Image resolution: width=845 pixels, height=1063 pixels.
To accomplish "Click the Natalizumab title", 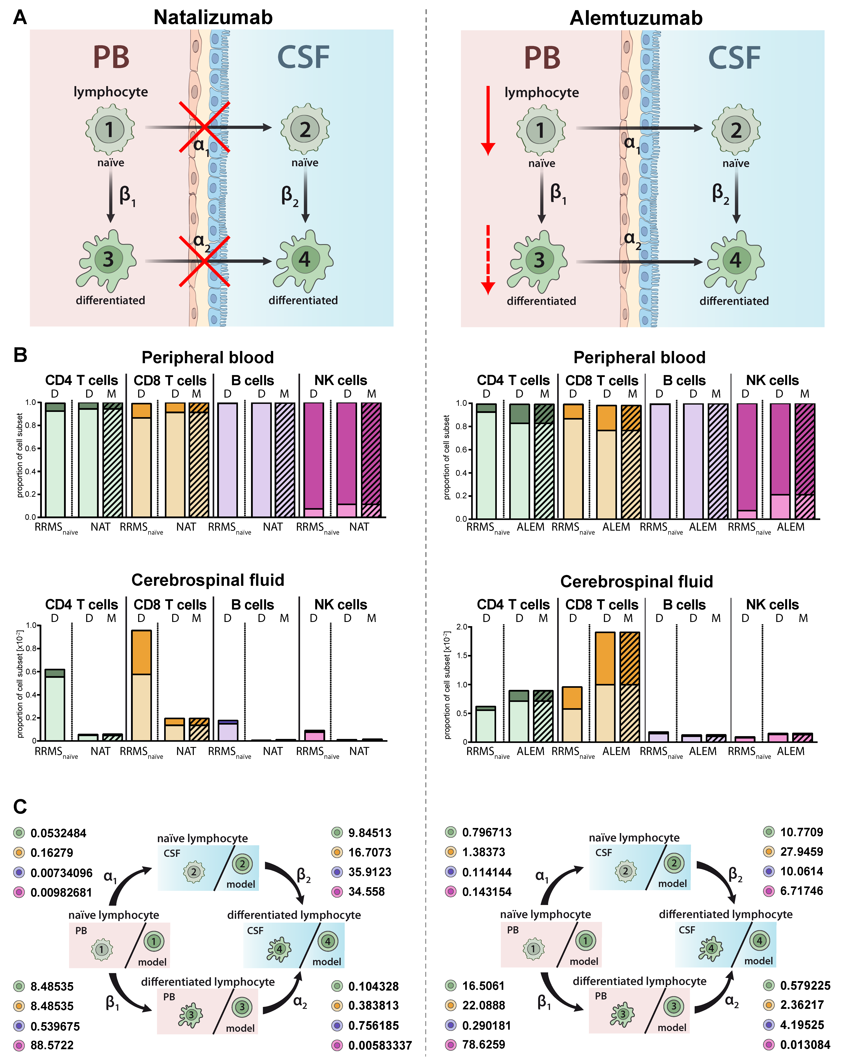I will click(213, 18).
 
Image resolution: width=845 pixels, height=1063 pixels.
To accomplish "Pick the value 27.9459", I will click(801, 852).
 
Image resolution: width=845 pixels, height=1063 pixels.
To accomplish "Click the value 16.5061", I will click(483, 986).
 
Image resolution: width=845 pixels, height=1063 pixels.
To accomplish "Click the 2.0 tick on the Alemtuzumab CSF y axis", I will click(462, 627).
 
